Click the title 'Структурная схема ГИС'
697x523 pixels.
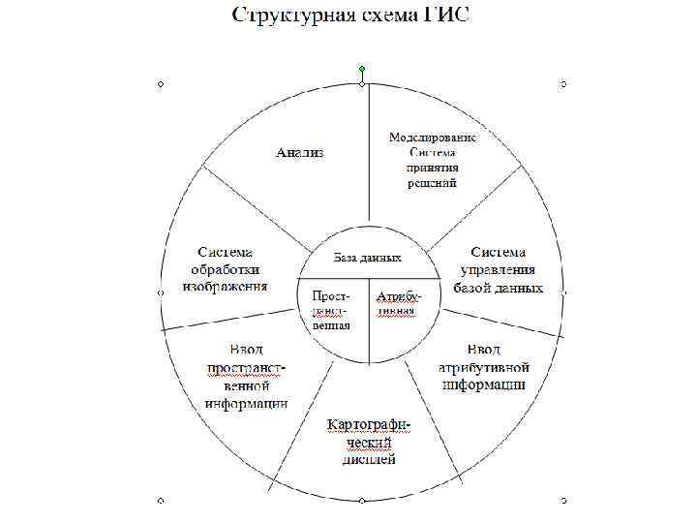(348, 15)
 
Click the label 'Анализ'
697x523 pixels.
(300, 152)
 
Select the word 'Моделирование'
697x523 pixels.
(432, 137)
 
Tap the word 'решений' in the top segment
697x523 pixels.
(432, 181)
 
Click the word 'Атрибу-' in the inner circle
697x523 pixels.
(397, 292)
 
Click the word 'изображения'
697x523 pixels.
(226, 288)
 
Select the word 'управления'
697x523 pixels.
(498, 270)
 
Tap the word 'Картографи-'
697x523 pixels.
(369, 425)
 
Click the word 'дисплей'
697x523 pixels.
(369, 460)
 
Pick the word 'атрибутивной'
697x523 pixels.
(483, 367)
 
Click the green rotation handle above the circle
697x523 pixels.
(362, 69)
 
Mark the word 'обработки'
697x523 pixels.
(225, 270)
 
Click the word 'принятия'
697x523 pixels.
(432, 167)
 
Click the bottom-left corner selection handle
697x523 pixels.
(161, 501)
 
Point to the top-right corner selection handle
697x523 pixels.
(563, 84)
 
